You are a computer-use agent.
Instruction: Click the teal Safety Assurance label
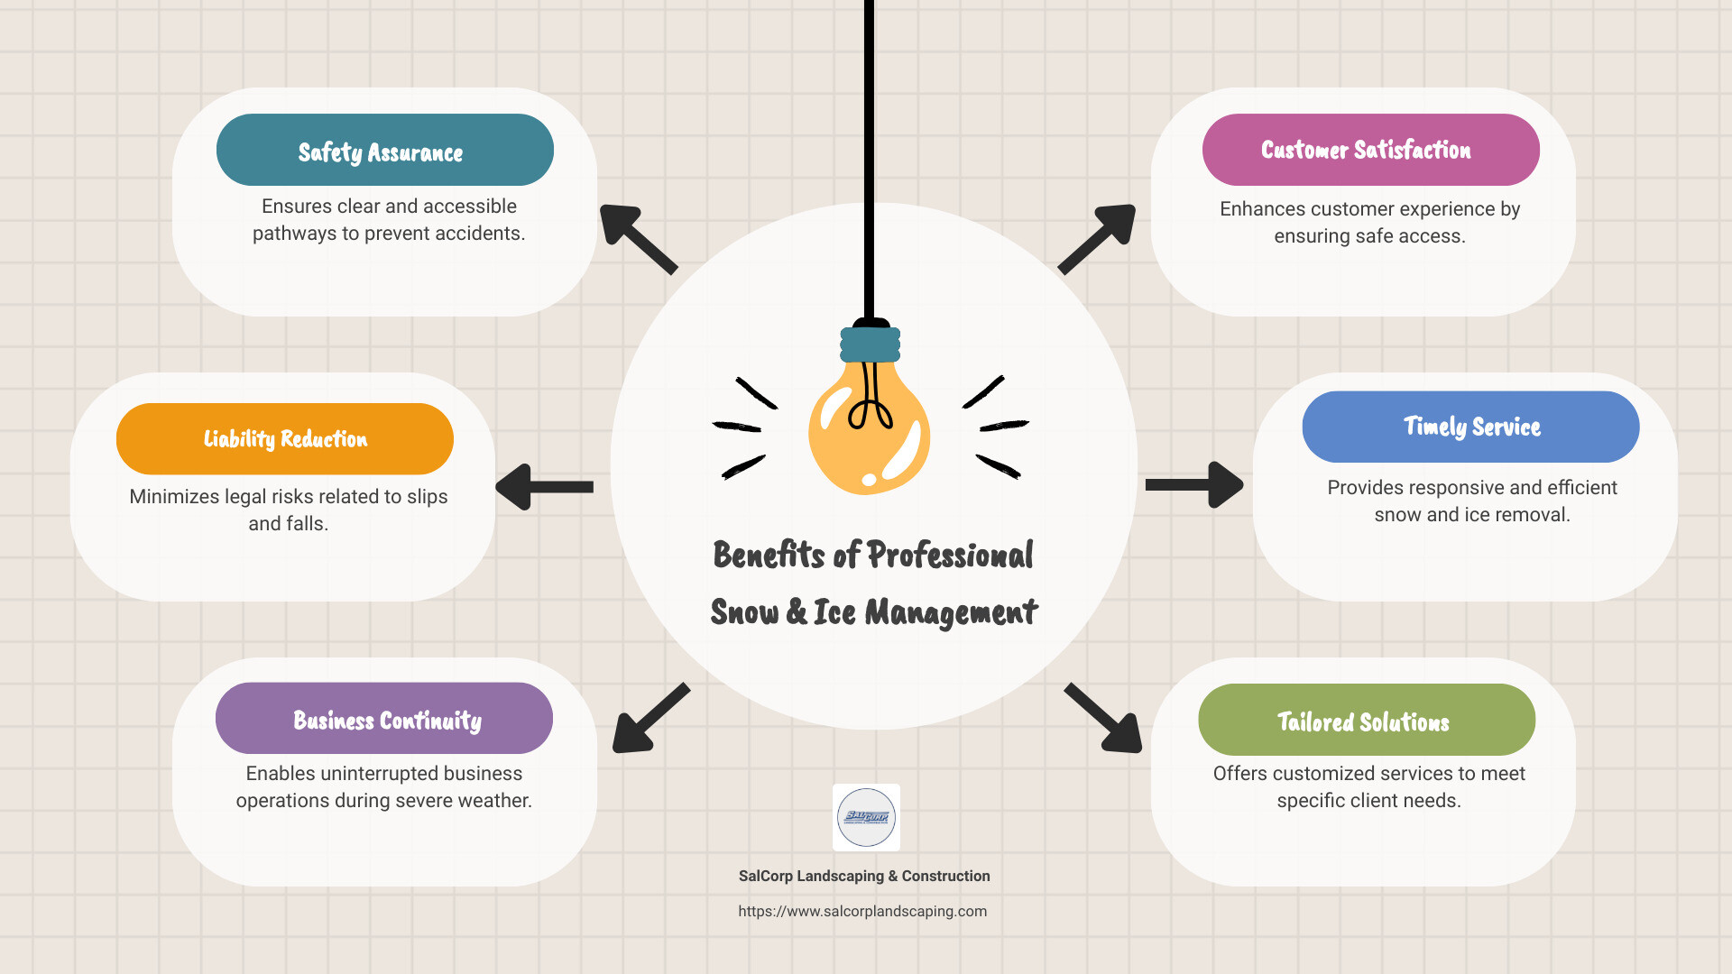tap(384, 150)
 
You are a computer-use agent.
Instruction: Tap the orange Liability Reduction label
tap(284, 439)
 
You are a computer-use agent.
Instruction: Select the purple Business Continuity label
tap(383, 719)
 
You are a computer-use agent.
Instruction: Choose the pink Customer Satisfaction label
tap(1369, 150)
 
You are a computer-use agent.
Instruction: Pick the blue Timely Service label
tap(1470, 427)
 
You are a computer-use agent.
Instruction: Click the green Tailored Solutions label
tap(1366, 720)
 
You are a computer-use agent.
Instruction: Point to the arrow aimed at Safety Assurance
tap(636, 237)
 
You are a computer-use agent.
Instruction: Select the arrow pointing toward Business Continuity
tap(649, 719)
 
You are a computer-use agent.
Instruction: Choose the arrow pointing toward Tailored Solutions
tap(1104, 719)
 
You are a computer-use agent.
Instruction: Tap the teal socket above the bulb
tap(870, 344)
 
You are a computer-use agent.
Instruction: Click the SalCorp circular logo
tap(866, 817)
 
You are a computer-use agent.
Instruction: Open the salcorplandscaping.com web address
tap(862, 911)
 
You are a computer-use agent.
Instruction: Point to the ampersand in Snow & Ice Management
tap(797, 611)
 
